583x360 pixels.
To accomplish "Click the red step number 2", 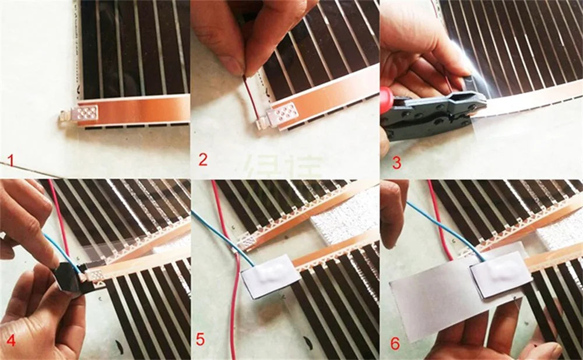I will point(202,158).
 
